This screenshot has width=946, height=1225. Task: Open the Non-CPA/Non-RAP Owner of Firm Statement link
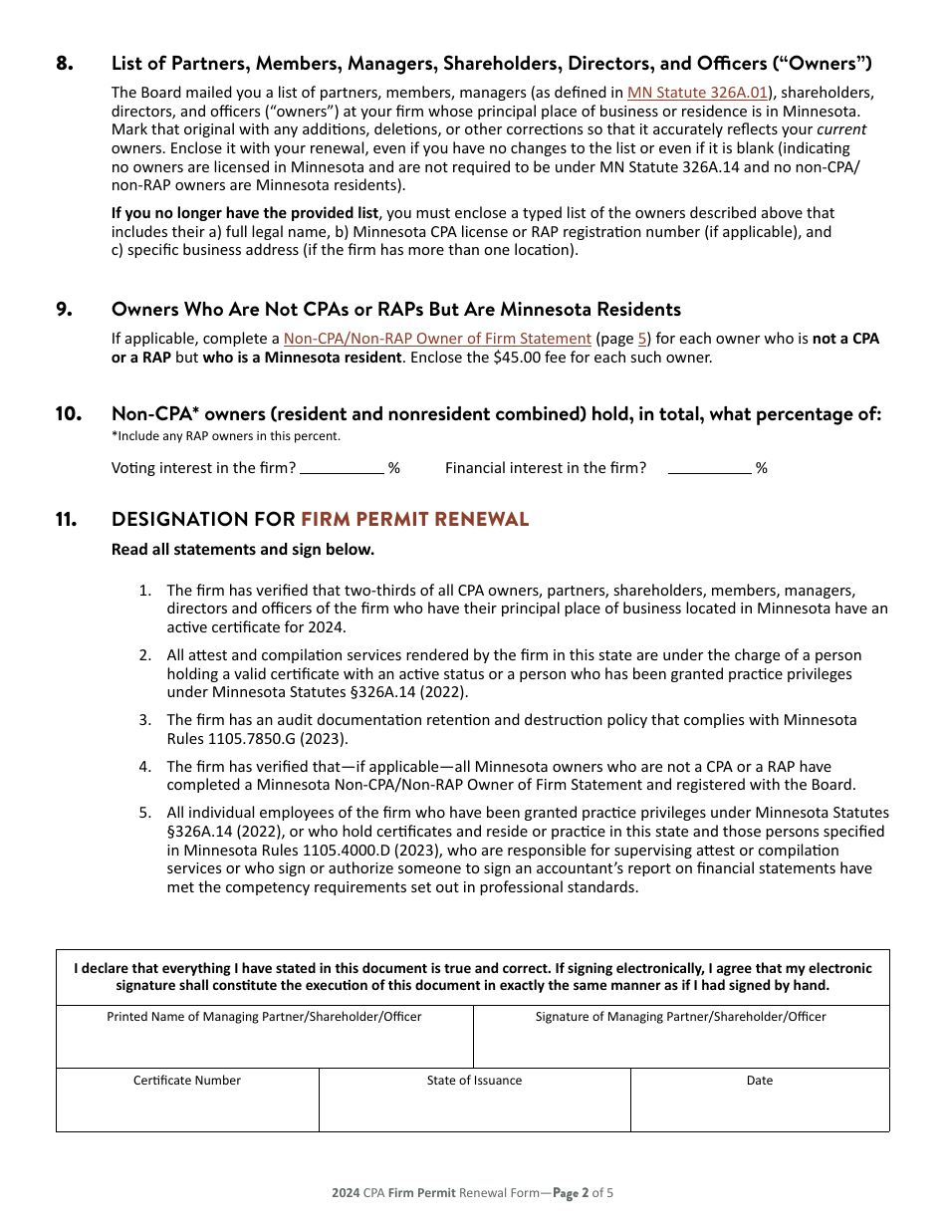click(x=437, y=339)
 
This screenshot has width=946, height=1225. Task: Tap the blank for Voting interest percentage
click(x=342, y=467)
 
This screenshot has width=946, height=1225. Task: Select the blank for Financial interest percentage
click(x=709, y=467)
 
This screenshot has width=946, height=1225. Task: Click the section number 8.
click(x=65, y=64)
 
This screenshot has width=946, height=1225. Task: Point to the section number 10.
click(x=68, y=414)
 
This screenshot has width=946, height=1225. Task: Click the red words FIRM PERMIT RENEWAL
click(x=414, y=519)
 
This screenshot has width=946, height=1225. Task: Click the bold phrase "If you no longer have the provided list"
click(x=245, y=213)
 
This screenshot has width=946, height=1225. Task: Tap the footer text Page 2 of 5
click(x=584, y=1192)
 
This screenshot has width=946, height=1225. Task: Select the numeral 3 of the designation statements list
click(x=144, y=719)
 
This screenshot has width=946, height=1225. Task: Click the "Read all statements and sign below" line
click(x=243, y=550)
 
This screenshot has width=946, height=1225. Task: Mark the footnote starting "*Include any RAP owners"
click(x=226, y=436)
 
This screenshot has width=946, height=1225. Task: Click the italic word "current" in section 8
click(x=841, y=129)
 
